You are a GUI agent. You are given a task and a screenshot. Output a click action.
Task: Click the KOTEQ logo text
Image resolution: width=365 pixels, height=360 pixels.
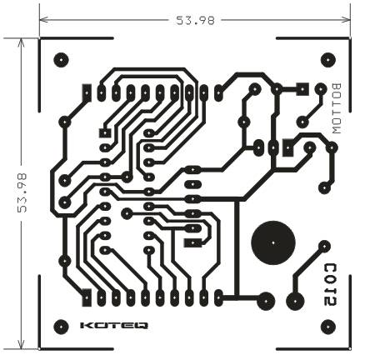tap(114, 326)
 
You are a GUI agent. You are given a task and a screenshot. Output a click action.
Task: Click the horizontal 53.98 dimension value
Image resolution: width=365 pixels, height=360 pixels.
tap(196, 20)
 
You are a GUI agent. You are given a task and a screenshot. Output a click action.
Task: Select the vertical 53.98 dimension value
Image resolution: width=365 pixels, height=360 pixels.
tap(22, 193)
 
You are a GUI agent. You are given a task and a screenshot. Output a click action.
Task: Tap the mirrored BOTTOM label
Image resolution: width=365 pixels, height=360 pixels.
tap(337, 108)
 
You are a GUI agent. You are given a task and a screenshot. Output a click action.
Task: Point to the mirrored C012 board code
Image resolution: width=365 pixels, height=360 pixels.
tap(331, 285)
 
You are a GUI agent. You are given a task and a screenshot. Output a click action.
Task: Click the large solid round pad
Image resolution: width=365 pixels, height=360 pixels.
tap(272, 243)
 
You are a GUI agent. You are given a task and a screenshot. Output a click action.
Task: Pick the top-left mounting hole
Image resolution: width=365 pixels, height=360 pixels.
tap(61, 60)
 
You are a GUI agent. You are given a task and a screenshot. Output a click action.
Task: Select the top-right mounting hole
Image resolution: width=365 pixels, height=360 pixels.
tap(328, 60)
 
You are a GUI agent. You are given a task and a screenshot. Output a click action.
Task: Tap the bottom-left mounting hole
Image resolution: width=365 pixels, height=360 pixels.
tap(61, 327)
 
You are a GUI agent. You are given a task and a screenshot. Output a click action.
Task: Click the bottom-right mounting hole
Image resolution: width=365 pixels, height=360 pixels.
tap(328, 327)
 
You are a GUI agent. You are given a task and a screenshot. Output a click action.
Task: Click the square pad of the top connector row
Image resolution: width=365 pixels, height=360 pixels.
tap(87, 92)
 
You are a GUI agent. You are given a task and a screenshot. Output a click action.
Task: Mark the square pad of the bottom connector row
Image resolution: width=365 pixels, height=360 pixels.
tap(87, 297)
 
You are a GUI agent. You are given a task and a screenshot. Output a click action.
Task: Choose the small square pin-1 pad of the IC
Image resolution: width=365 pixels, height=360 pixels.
tap(105, 132)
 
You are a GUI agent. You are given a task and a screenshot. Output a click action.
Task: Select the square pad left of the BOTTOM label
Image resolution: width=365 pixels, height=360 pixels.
tap(302, 89)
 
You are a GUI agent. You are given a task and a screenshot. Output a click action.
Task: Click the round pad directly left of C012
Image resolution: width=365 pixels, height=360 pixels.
tap(295, 301)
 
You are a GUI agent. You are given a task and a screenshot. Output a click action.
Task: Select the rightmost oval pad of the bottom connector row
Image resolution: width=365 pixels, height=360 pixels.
tap(218, 297)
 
